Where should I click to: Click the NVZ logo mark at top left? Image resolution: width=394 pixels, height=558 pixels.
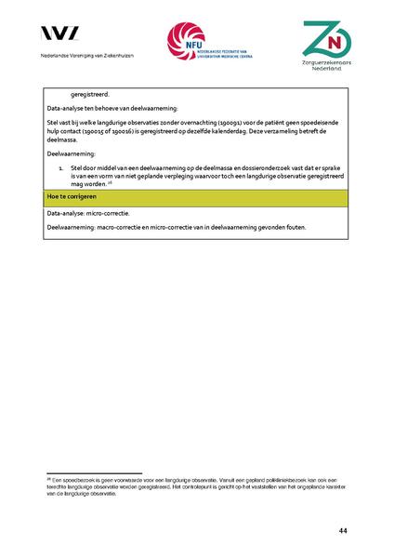pyautogui.click(x=59, y=33)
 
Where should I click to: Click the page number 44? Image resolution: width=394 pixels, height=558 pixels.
pyautogui.click(x=343, y=530)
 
